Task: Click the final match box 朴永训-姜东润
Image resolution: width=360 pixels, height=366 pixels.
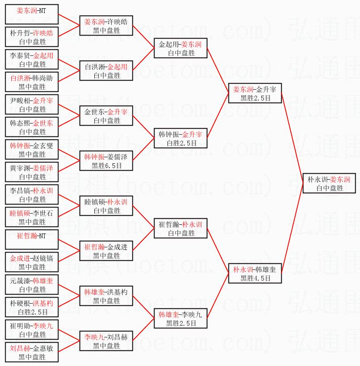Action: coord(329,184)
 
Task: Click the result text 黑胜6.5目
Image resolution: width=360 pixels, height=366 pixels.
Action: coord(106,165)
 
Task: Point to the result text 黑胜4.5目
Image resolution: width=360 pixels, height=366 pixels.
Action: coord(255,279)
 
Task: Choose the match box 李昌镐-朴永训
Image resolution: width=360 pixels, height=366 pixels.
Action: coord(32,195)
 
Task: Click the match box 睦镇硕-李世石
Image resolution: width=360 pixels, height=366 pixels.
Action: coord(32,217)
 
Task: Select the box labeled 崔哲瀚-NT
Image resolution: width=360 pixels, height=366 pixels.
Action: coord(32,240)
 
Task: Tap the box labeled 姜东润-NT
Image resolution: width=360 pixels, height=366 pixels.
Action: coord(32,15)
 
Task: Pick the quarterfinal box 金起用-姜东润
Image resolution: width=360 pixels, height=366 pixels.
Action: coord(180,49)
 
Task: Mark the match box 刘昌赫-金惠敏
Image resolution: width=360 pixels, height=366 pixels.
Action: coord(32,353)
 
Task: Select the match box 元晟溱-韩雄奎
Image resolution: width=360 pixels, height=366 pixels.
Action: coord(32,285)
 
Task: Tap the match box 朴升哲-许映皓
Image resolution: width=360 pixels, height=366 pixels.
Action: coord(32,37)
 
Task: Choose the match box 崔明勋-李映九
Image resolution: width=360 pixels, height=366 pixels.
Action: coord(32,330)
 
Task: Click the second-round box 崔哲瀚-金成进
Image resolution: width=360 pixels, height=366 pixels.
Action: coord(106,251)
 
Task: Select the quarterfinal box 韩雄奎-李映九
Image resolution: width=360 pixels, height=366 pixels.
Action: coord(180,319)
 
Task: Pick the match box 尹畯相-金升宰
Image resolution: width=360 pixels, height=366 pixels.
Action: coord(32,105)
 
